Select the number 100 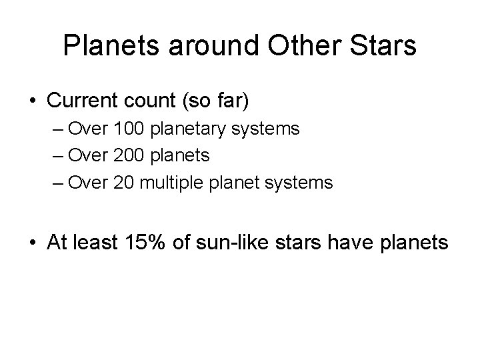tap(127, 129)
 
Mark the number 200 tap(127, 155)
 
